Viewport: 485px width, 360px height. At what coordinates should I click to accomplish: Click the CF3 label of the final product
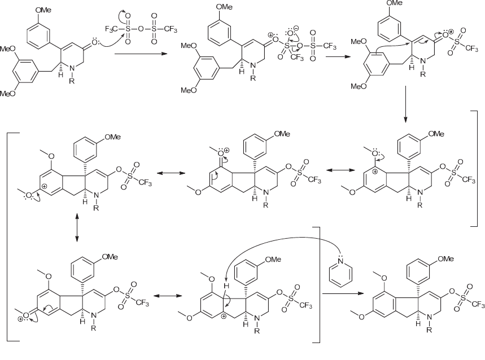coord(478,305)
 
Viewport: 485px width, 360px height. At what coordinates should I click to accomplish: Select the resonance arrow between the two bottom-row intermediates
coord(164,296)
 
